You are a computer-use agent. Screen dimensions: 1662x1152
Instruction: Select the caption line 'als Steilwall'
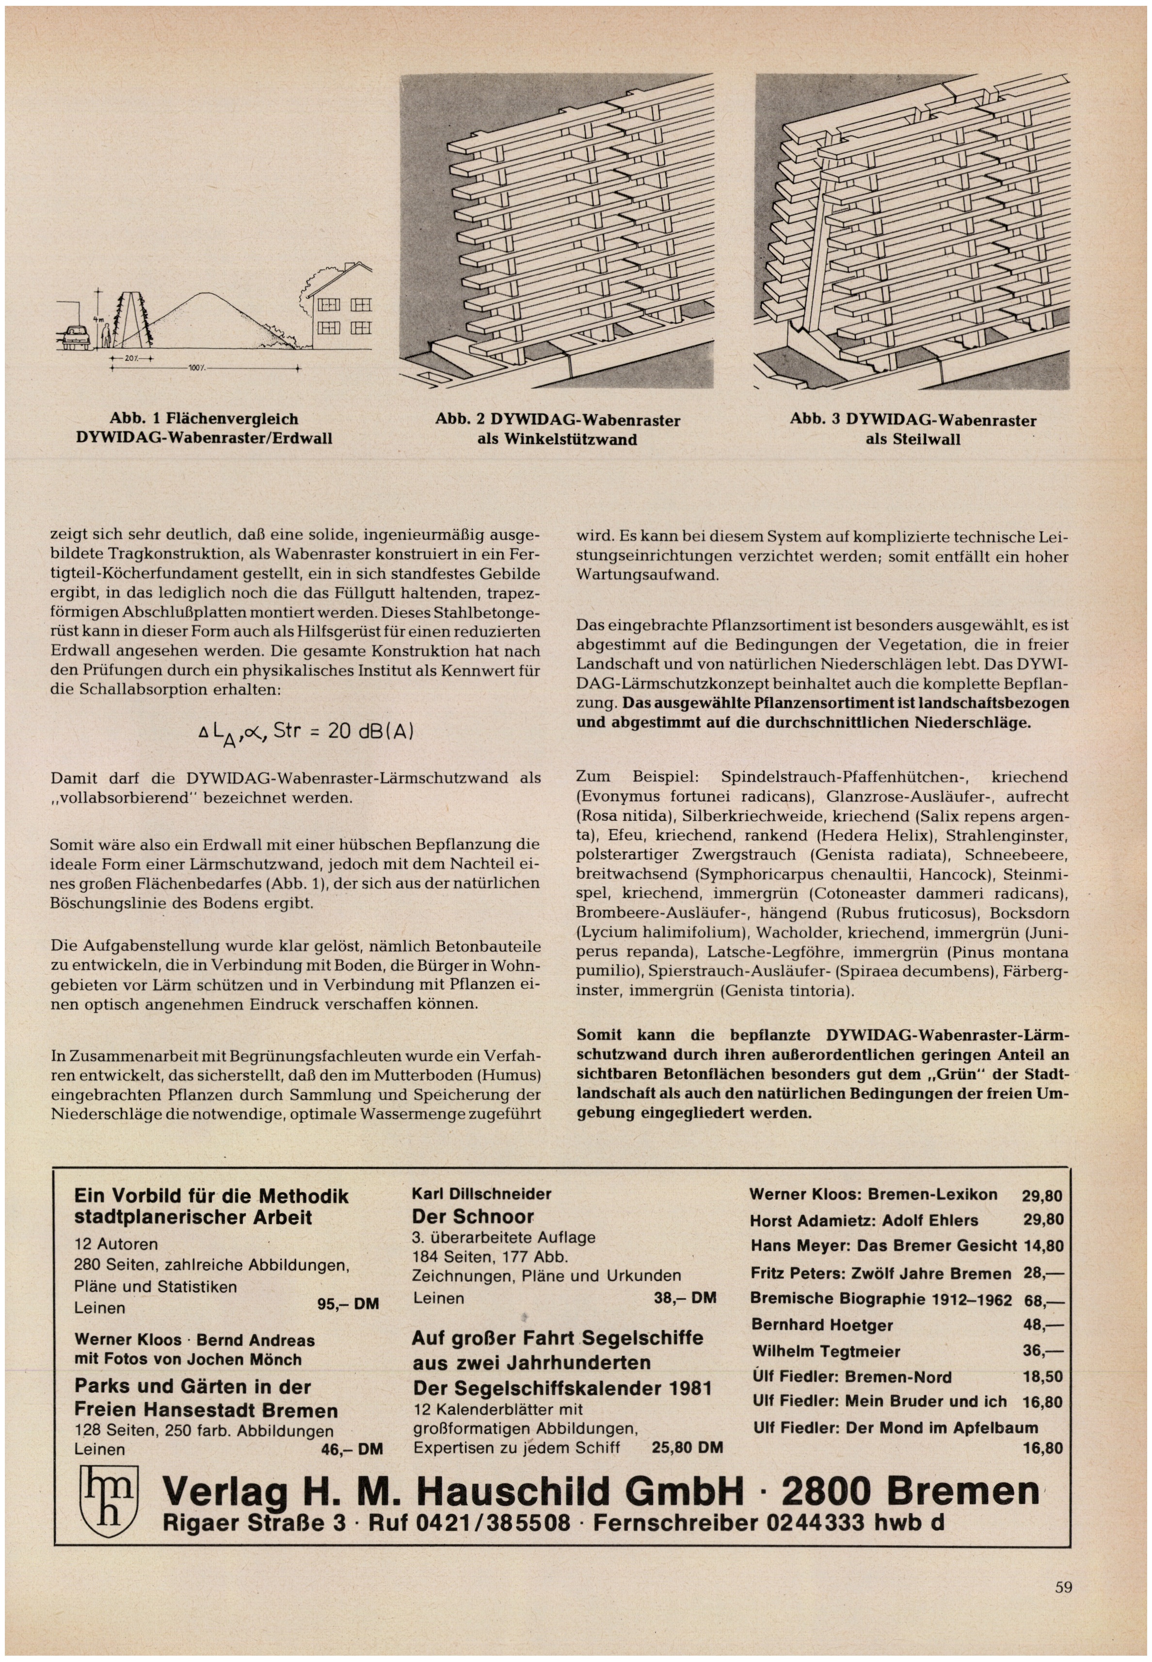coord(913,439)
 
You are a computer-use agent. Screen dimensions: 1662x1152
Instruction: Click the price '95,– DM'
coord(348,1304)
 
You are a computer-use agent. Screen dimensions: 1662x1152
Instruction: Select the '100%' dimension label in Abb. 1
coord(197,369)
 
